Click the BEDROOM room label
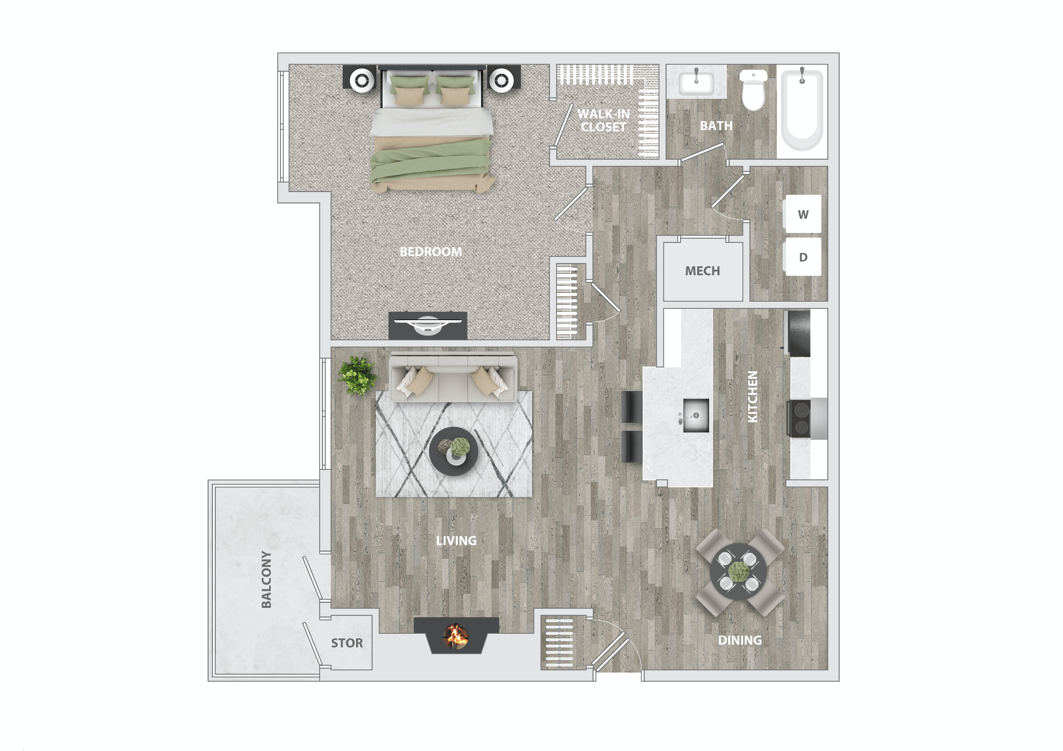(x=431, y=252)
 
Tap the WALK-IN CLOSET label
(x=603, y=120)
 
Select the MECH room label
(x=702, y=271)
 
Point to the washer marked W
(x=803, y=214)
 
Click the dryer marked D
(x=803, y=257)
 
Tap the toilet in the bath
(x=754, y=90)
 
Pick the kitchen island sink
(x=696, y=415)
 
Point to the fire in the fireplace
(x=456, y=636)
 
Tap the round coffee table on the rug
(x=453, y=451)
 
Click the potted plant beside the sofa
(x=357, y=375)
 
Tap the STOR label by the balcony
(x=347, y=643)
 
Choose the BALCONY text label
(x=266, y=579)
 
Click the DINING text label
(x=739, y=640)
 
